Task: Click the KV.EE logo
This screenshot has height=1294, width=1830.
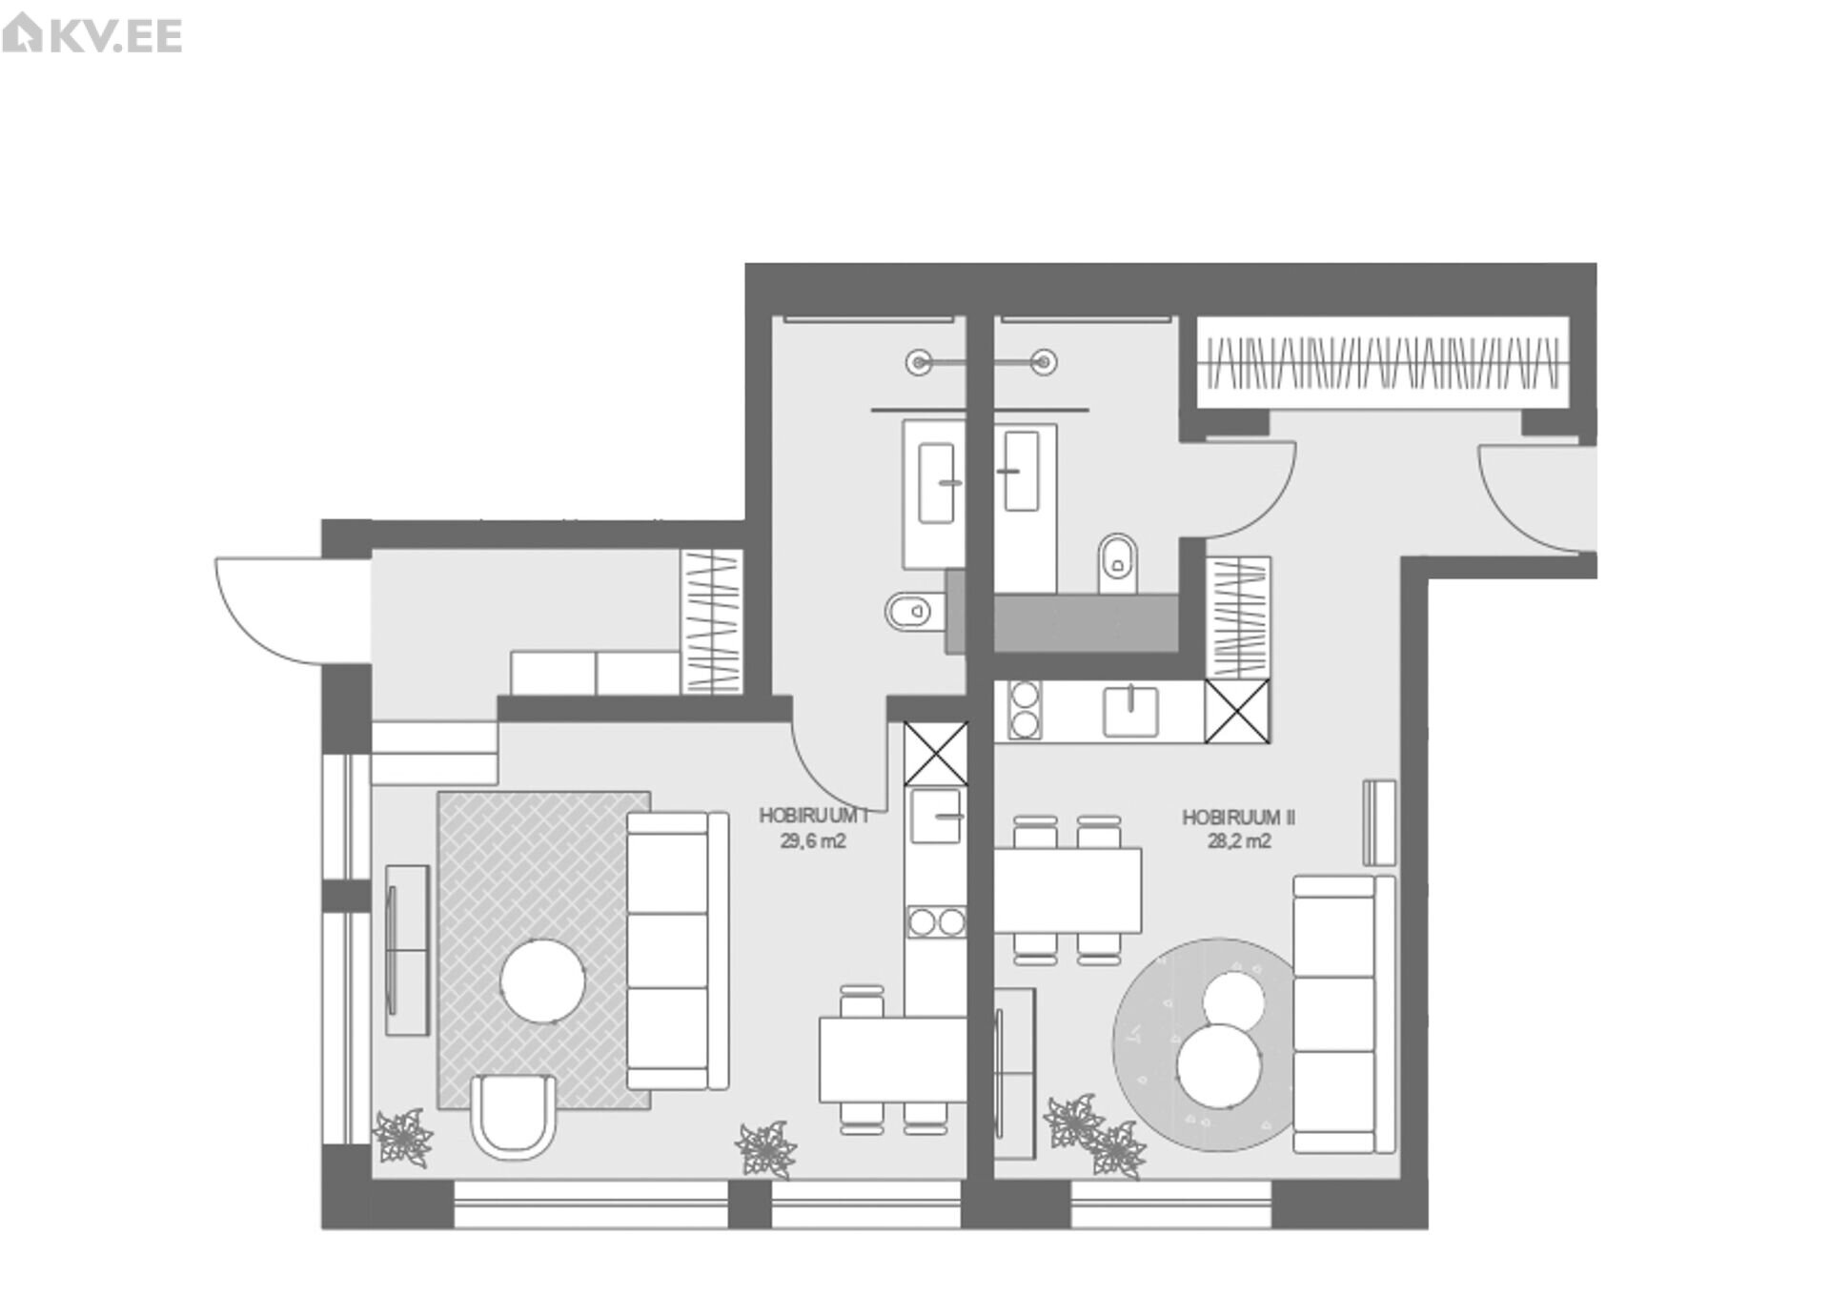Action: (92, 35)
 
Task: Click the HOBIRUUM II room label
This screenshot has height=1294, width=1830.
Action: (1238, 818)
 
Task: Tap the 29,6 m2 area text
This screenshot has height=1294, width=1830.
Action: (813, 841)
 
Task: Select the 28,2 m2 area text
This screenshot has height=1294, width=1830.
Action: (1238, 841)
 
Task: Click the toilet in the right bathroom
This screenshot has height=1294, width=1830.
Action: (1118, 563)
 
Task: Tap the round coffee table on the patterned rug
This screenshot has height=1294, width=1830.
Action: (543, 981)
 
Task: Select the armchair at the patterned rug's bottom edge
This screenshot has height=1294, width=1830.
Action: (514, 1116)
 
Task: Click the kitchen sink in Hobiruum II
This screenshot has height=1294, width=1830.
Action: (1130, 711)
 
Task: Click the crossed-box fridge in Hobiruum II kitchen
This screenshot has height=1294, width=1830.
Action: (1237, 711)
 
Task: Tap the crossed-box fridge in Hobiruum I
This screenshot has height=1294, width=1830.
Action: (935, 754)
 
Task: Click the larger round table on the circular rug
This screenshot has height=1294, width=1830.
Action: (1220, 1065)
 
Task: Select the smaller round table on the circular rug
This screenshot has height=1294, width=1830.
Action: (1234, 1001)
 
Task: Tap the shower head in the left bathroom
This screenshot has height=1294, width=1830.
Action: (919, 362)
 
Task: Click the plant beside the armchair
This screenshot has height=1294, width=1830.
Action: (402, 1136)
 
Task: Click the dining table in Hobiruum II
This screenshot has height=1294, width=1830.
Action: (1067, 890)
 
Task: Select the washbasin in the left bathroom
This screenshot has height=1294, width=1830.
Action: (937, 483)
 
